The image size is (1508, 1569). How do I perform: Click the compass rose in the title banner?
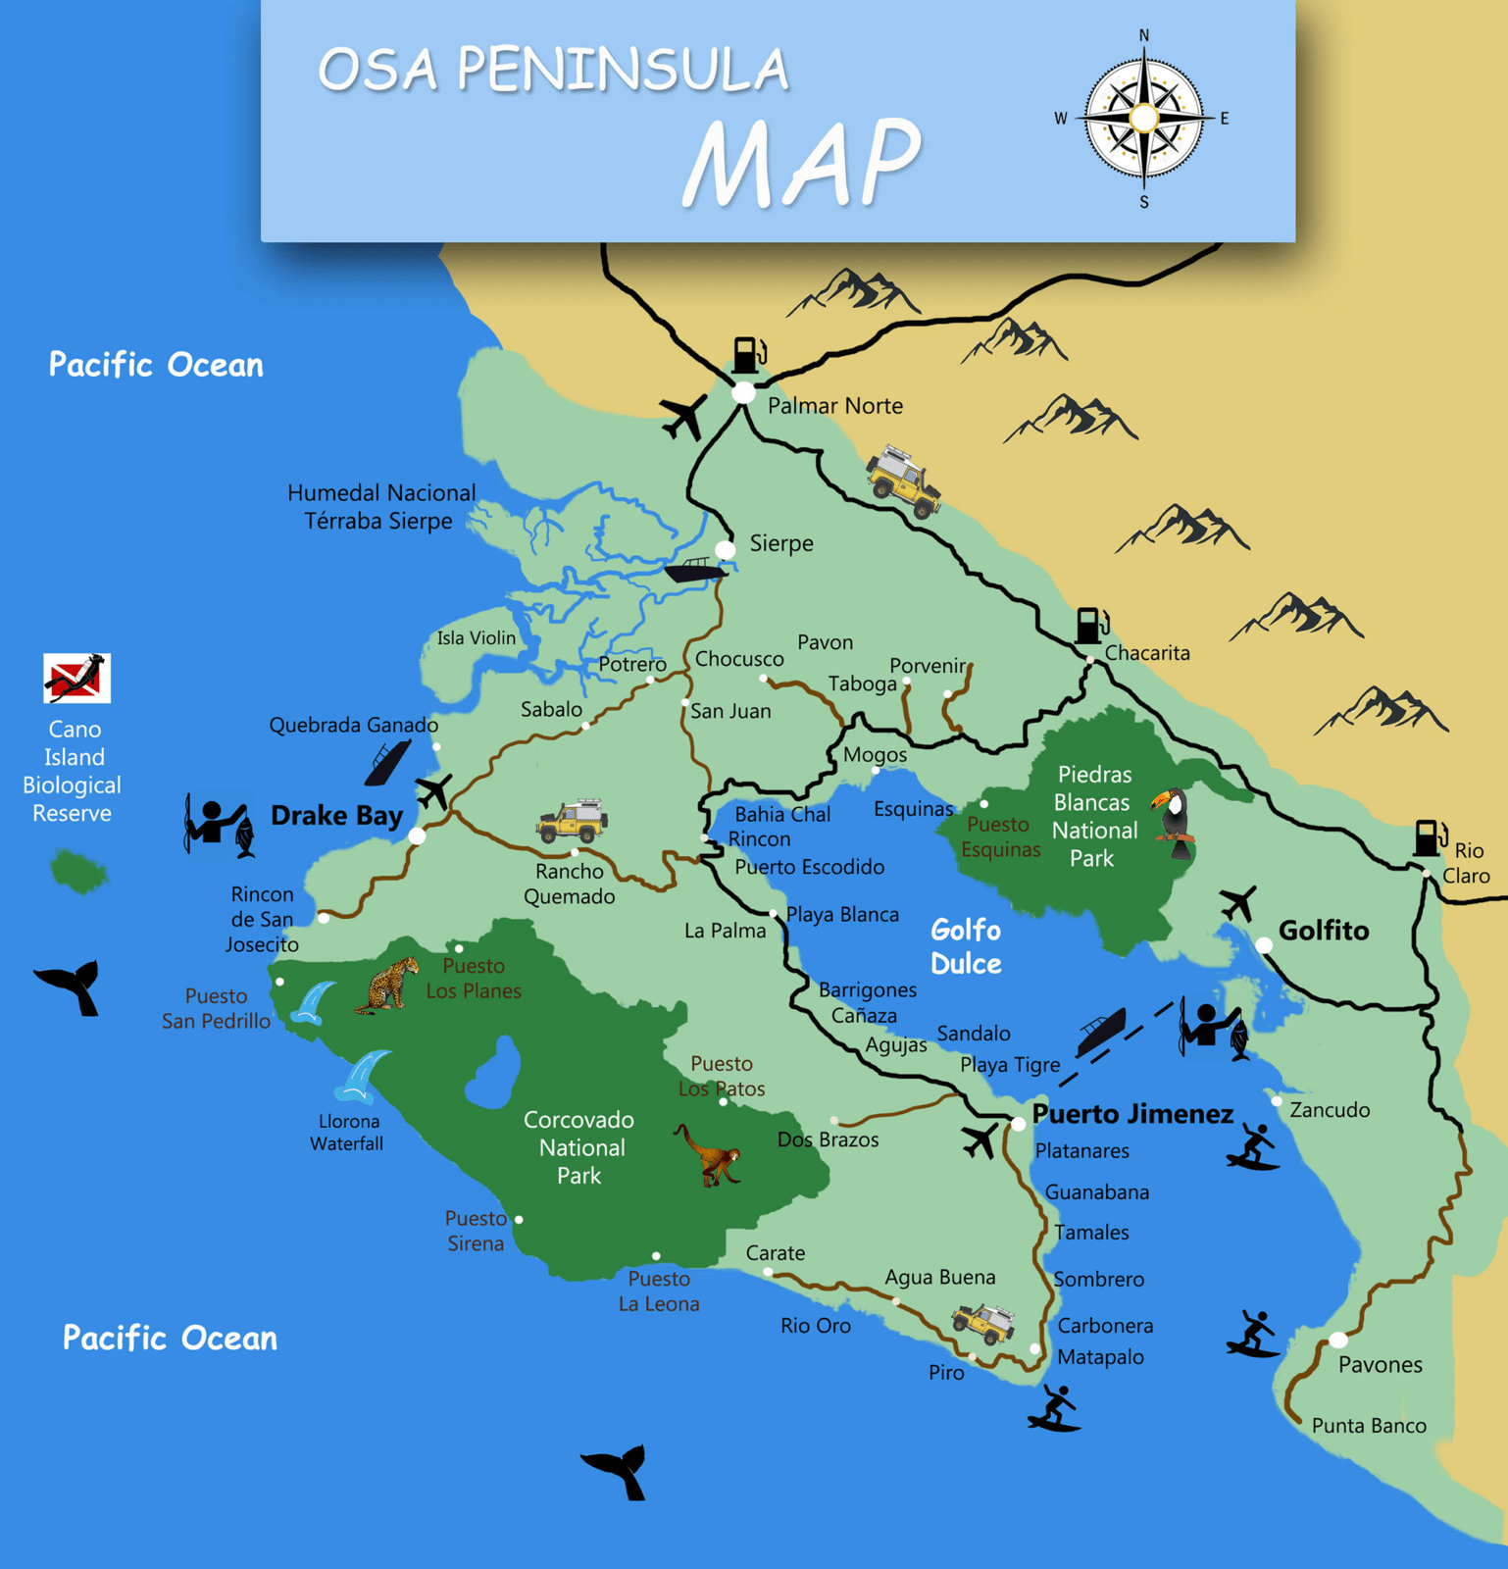[x=1143, y=119]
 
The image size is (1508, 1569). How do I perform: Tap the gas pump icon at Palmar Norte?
[x=748, y=355]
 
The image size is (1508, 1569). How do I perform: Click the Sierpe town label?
[x=780, y=543]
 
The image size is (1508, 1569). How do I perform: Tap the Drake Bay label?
[x=336, y=816]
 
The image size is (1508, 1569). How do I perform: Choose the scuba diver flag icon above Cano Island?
[x=76, y=678]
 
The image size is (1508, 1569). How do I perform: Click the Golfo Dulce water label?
[x=966, y=946]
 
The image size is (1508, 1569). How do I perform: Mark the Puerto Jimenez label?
[x=1132, y=1114]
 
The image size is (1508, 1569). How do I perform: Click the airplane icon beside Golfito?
[x=1237, y=902]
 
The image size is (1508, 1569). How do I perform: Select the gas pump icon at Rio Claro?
[x=1430, y=838]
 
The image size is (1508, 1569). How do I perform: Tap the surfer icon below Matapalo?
[x=1055, y=1409]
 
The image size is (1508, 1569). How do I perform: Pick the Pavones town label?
[x=1380, y=1365]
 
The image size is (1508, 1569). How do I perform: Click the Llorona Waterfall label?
[x=347, y=1133]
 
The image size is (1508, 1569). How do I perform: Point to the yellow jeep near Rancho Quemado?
[x=573, y=821]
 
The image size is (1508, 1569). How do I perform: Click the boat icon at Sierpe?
[x=694, y=570]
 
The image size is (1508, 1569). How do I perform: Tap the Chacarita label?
[x=1146, y=653]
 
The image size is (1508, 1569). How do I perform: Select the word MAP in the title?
[x=802, y=163]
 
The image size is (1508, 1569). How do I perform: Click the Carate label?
[x=775, y=1253]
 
